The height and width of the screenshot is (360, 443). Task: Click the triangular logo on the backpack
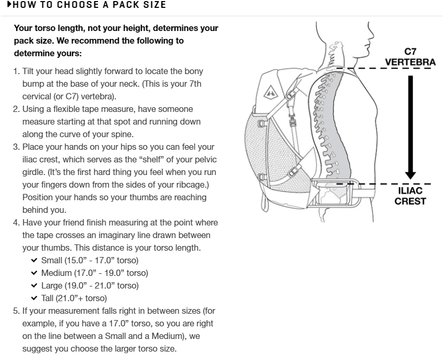click(x=267, y=92)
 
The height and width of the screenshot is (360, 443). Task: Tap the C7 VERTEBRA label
click(x=410, y=57)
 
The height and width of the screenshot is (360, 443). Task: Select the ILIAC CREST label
click(x=410, y=196)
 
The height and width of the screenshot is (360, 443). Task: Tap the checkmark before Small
click(x=34, y=261)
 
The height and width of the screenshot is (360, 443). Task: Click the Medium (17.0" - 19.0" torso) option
click(x=95, y=273)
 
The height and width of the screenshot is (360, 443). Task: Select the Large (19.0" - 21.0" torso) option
click(x=90, y=286)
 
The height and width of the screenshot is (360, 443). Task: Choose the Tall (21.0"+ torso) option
click(x=74, y=299)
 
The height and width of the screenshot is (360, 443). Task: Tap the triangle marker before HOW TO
click(x=9, y=5)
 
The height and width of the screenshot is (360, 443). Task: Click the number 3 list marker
click(x=16, y=147)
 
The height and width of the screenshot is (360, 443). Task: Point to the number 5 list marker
click(x=16, y=311)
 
